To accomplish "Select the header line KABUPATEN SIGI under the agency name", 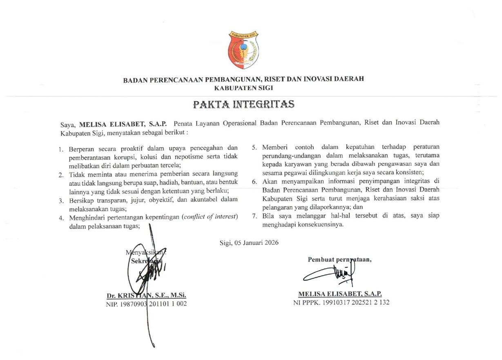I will tap(244, 88).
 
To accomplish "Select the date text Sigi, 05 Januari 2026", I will tap(249, 243).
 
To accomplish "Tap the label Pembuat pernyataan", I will tap(339, 259).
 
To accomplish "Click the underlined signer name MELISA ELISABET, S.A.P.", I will tap(340, 294).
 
